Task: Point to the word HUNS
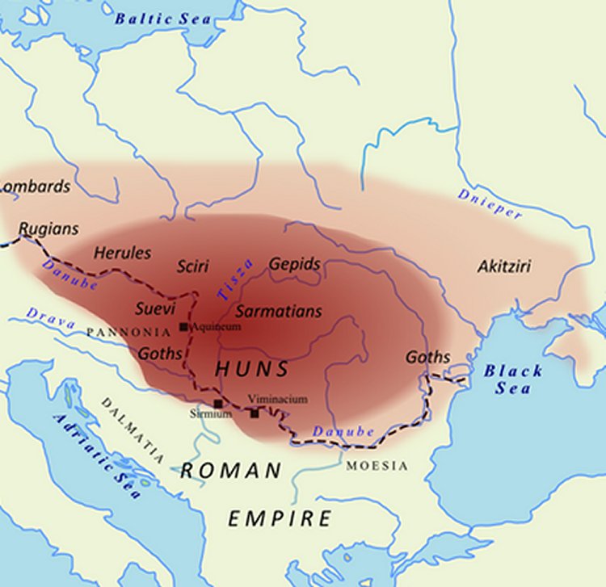coord(251,370)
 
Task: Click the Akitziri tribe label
coord(504,266)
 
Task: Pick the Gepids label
coord(295,265)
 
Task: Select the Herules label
coord(122,253)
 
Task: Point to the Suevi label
coord(156,308)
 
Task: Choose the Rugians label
coord(48,229)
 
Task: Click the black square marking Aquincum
coord(184,327)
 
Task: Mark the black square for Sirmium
coord(217,404)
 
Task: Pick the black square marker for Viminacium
coord(255,413)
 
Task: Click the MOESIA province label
coord(377,466)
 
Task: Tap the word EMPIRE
coord(279,518)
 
